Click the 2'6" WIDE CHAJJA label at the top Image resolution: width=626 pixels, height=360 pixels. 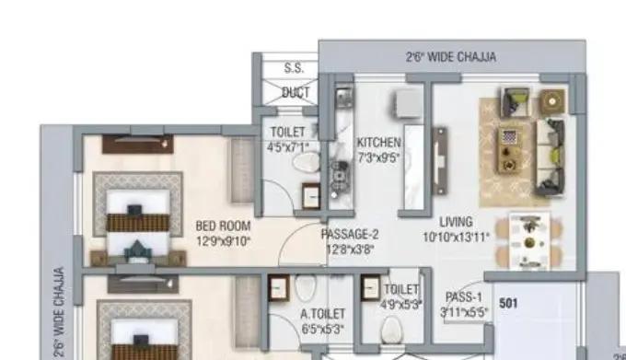[451, 56]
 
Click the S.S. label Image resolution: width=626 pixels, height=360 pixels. [294, 68]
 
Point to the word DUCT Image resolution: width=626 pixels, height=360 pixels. [295, 92]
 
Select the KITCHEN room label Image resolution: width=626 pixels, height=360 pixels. [378, 142]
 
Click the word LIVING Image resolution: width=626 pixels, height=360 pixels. [456, 222]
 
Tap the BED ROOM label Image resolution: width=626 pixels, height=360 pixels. [223, 225]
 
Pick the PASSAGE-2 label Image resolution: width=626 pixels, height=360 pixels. [350, 234]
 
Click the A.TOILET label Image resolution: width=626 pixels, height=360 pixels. [323, 313]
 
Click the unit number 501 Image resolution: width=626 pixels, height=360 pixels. [508, 301]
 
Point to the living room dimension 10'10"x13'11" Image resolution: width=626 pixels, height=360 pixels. [456, 238]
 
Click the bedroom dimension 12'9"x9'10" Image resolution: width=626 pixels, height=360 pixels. [223, 240]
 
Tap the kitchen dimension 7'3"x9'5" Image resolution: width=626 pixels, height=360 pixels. [378, 157]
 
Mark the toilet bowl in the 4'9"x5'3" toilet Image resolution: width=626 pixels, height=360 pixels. [390, 329]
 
